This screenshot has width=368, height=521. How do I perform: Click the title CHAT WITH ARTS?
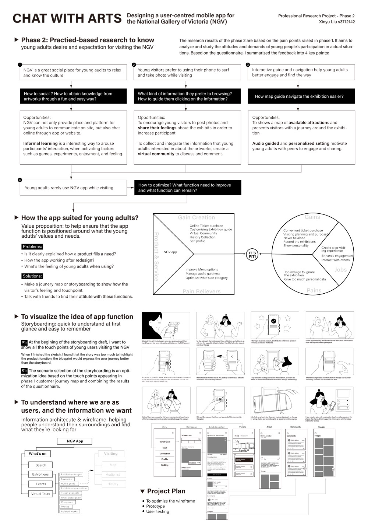point(67,18)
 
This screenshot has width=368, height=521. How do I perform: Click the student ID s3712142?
point(343,22)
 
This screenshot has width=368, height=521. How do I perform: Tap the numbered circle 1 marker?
point(20,65)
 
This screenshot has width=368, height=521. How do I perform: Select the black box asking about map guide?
point(299,96)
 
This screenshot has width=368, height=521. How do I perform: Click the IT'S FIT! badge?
point(252,255)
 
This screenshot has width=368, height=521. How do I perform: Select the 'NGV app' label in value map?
point(170,252)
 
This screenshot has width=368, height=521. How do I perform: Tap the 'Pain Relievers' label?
point(201,291)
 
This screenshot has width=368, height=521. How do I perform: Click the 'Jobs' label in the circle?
point(340,270)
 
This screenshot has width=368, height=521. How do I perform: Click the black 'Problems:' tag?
point(32,246)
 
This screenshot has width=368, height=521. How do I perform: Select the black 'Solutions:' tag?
point(32,276)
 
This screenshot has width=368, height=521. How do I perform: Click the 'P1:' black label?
point(24,342)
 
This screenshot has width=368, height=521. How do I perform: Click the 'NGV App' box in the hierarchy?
point(75,441)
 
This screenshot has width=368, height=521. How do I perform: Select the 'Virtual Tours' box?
point(40,494)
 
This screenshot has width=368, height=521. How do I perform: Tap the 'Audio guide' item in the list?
point(68,483)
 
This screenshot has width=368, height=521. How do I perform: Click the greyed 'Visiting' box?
point(111,454)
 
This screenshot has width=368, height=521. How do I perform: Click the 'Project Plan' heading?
point(166,491)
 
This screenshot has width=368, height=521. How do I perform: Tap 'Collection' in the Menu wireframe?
point(164,454)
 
